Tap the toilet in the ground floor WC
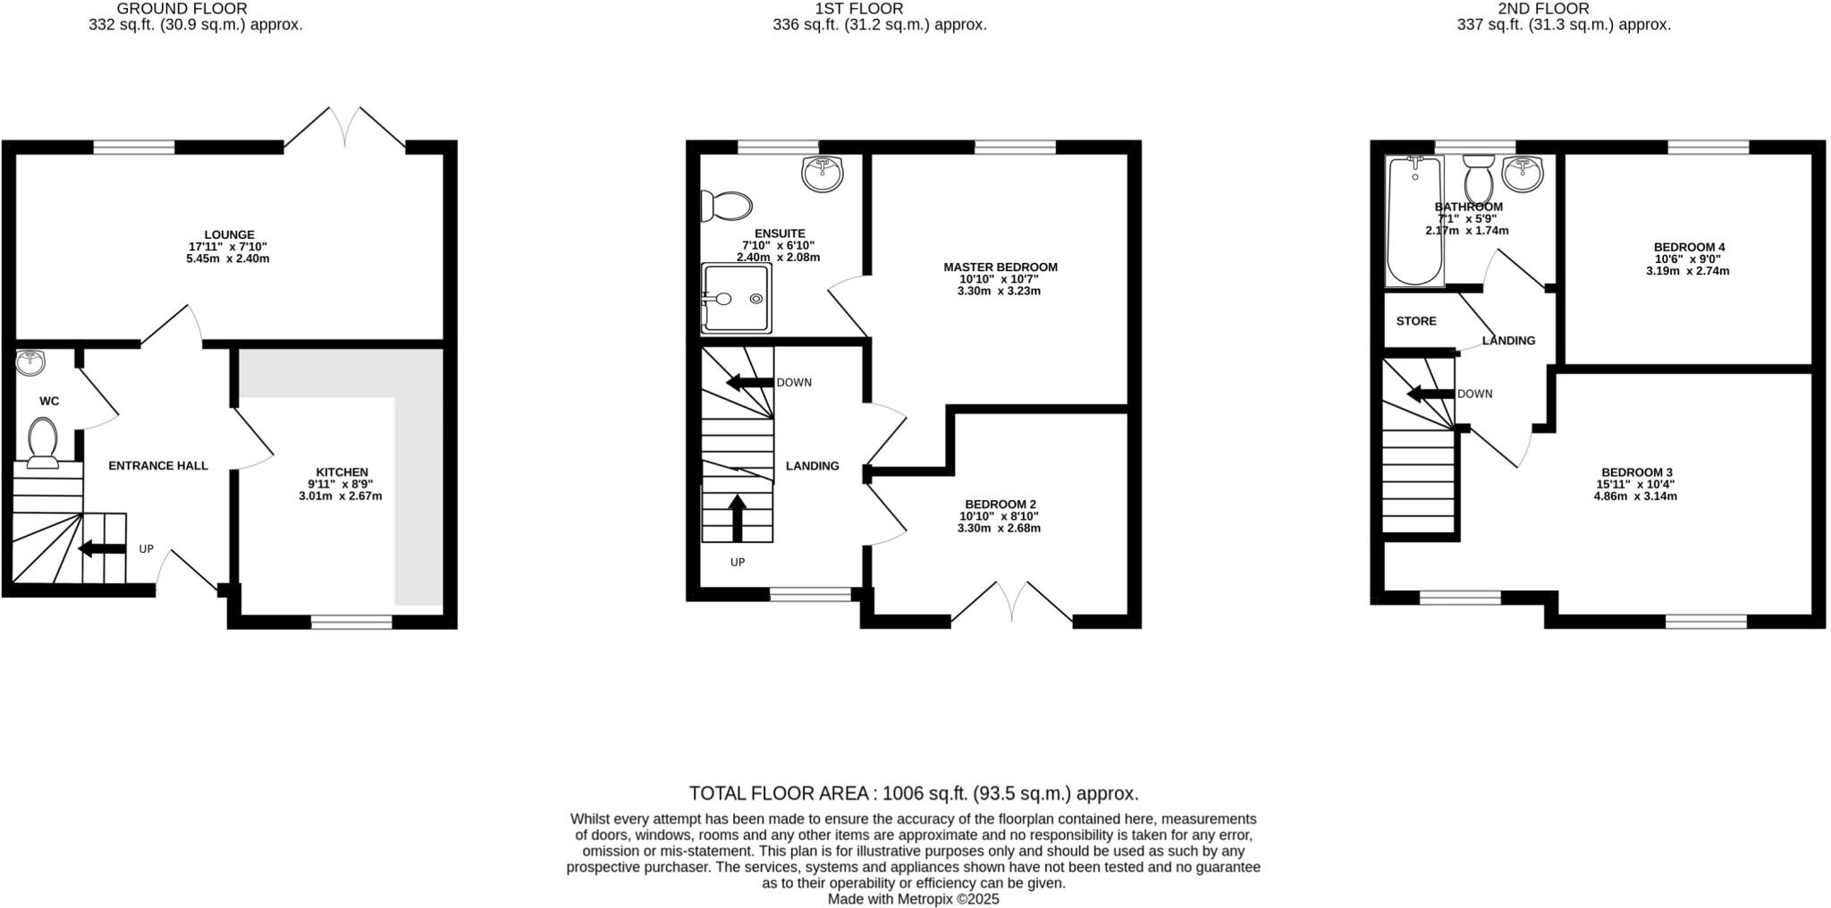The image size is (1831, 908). (x=43, y=441)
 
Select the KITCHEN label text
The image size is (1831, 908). (x=342, y=472)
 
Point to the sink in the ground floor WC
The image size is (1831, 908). (x=30, y=362)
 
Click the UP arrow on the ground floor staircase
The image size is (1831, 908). (x=101, y=549)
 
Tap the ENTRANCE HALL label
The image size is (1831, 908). (x=158, y=465)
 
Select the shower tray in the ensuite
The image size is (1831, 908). (x=736, y=298)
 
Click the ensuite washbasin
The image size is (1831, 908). (x=822, y=172)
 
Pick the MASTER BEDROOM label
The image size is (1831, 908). (x=1000, y=267)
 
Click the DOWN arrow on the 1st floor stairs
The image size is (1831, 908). (x=749, y=383)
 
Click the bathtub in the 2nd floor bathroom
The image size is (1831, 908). (x=1413, y=221)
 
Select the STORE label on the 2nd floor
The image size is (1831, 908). (x=1416, y=320)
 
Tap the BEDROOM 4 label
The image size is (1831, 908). (x=1688, y=247)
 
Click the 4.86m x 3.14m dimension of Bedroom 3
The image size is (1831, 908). (x=1635, y=496)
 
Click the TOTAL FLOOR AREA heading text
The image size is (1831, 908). (x=913, y=793)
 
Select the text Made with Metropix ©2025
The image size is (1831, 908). (x=913, y=899)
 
